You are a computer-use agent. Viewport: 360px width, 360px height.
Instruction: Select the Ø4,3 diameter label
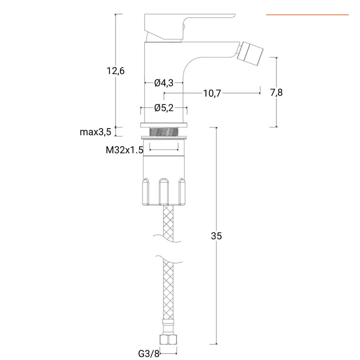pos(164,82)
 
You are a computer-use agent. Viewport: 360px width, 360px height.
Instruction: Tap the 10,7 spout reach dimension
pos(212,93)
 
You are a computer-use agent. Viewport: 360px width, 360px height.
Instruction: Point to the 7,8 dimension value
pos(276,93)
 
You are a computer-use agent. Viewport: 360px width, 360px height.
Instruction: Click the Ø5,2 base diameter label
pos(164,107)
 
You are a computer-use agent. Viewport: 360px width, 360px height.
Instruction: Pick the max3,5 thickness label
pos(95,132)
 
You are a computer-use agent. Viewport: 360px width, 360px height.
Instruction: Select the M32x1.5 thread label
pos(124,149)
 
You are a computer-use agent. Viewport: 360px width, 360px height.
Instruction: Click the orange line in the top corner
pos(307,15)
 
